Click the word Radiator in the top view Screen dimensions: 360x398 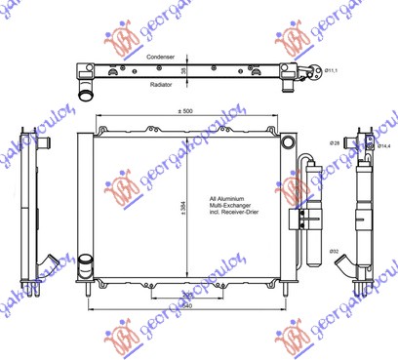[x=161, y=84]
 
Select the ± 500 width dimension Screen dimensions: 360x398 [x=185, y=112]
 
